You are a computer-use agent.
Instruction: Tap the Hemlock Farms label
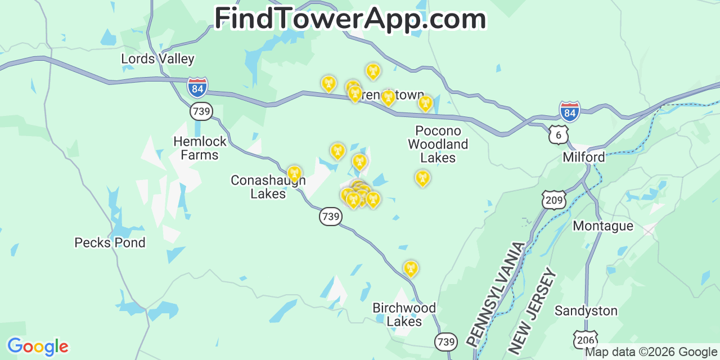200,148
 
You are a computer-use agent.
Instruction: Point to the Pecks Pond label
110,243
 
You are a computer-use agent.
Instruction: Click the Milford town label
584,157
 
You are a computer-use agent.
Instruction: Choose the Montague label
603,226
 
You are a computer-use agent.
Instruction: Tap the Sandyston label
586,311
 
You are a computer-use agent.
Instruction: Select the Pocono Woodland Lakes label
438,145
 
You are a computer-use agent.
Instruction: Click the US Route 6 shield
559,134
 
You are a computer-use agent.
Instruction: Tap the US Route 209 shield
554,200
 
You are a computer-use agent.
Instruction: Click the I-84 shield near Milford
570,111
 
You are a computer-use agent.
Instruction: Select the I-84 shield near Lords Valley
197,87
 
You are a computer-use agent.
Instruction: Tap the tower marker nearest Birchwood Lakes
411,268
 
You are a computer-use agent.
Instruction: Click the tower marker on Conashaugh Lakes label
294,173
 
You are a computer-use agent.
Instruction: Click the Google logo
38,346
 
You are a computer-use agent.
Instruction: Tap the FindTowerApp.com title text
350,19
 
